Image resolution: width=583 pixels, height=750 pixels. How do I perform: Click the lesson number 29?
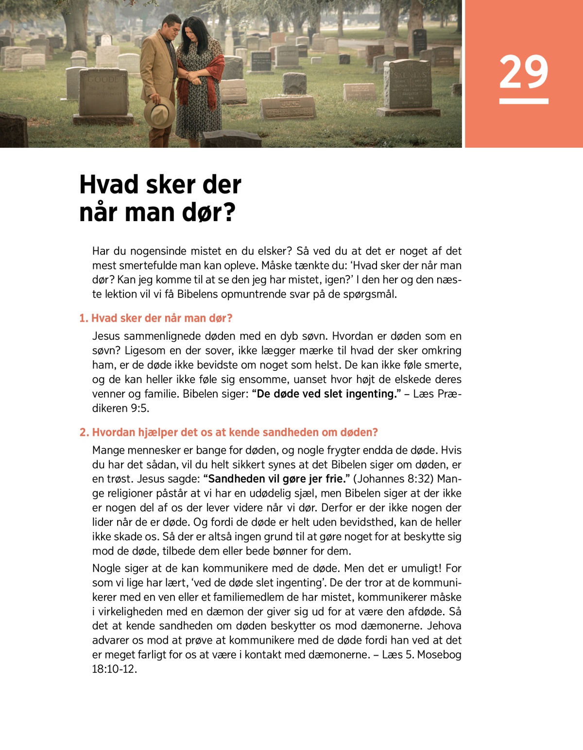pos(523,72)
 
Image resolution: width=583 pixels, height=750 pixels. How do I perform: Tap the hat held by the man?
pos(159,112)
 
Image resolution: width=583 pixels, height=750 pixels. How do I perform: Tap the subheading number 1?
pos(83,318)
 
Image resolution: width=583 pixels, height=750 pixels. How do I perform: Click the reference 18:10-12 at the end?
pos(114,669)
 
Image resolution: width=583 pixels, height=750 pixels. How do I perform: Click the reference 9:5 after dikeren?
pos(139,408)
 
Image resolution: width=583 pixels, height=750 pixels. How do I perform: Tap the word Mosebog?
pos(439,655)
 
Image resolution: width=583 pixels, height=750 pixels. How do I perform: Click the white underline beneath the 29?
pos(523,101)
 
